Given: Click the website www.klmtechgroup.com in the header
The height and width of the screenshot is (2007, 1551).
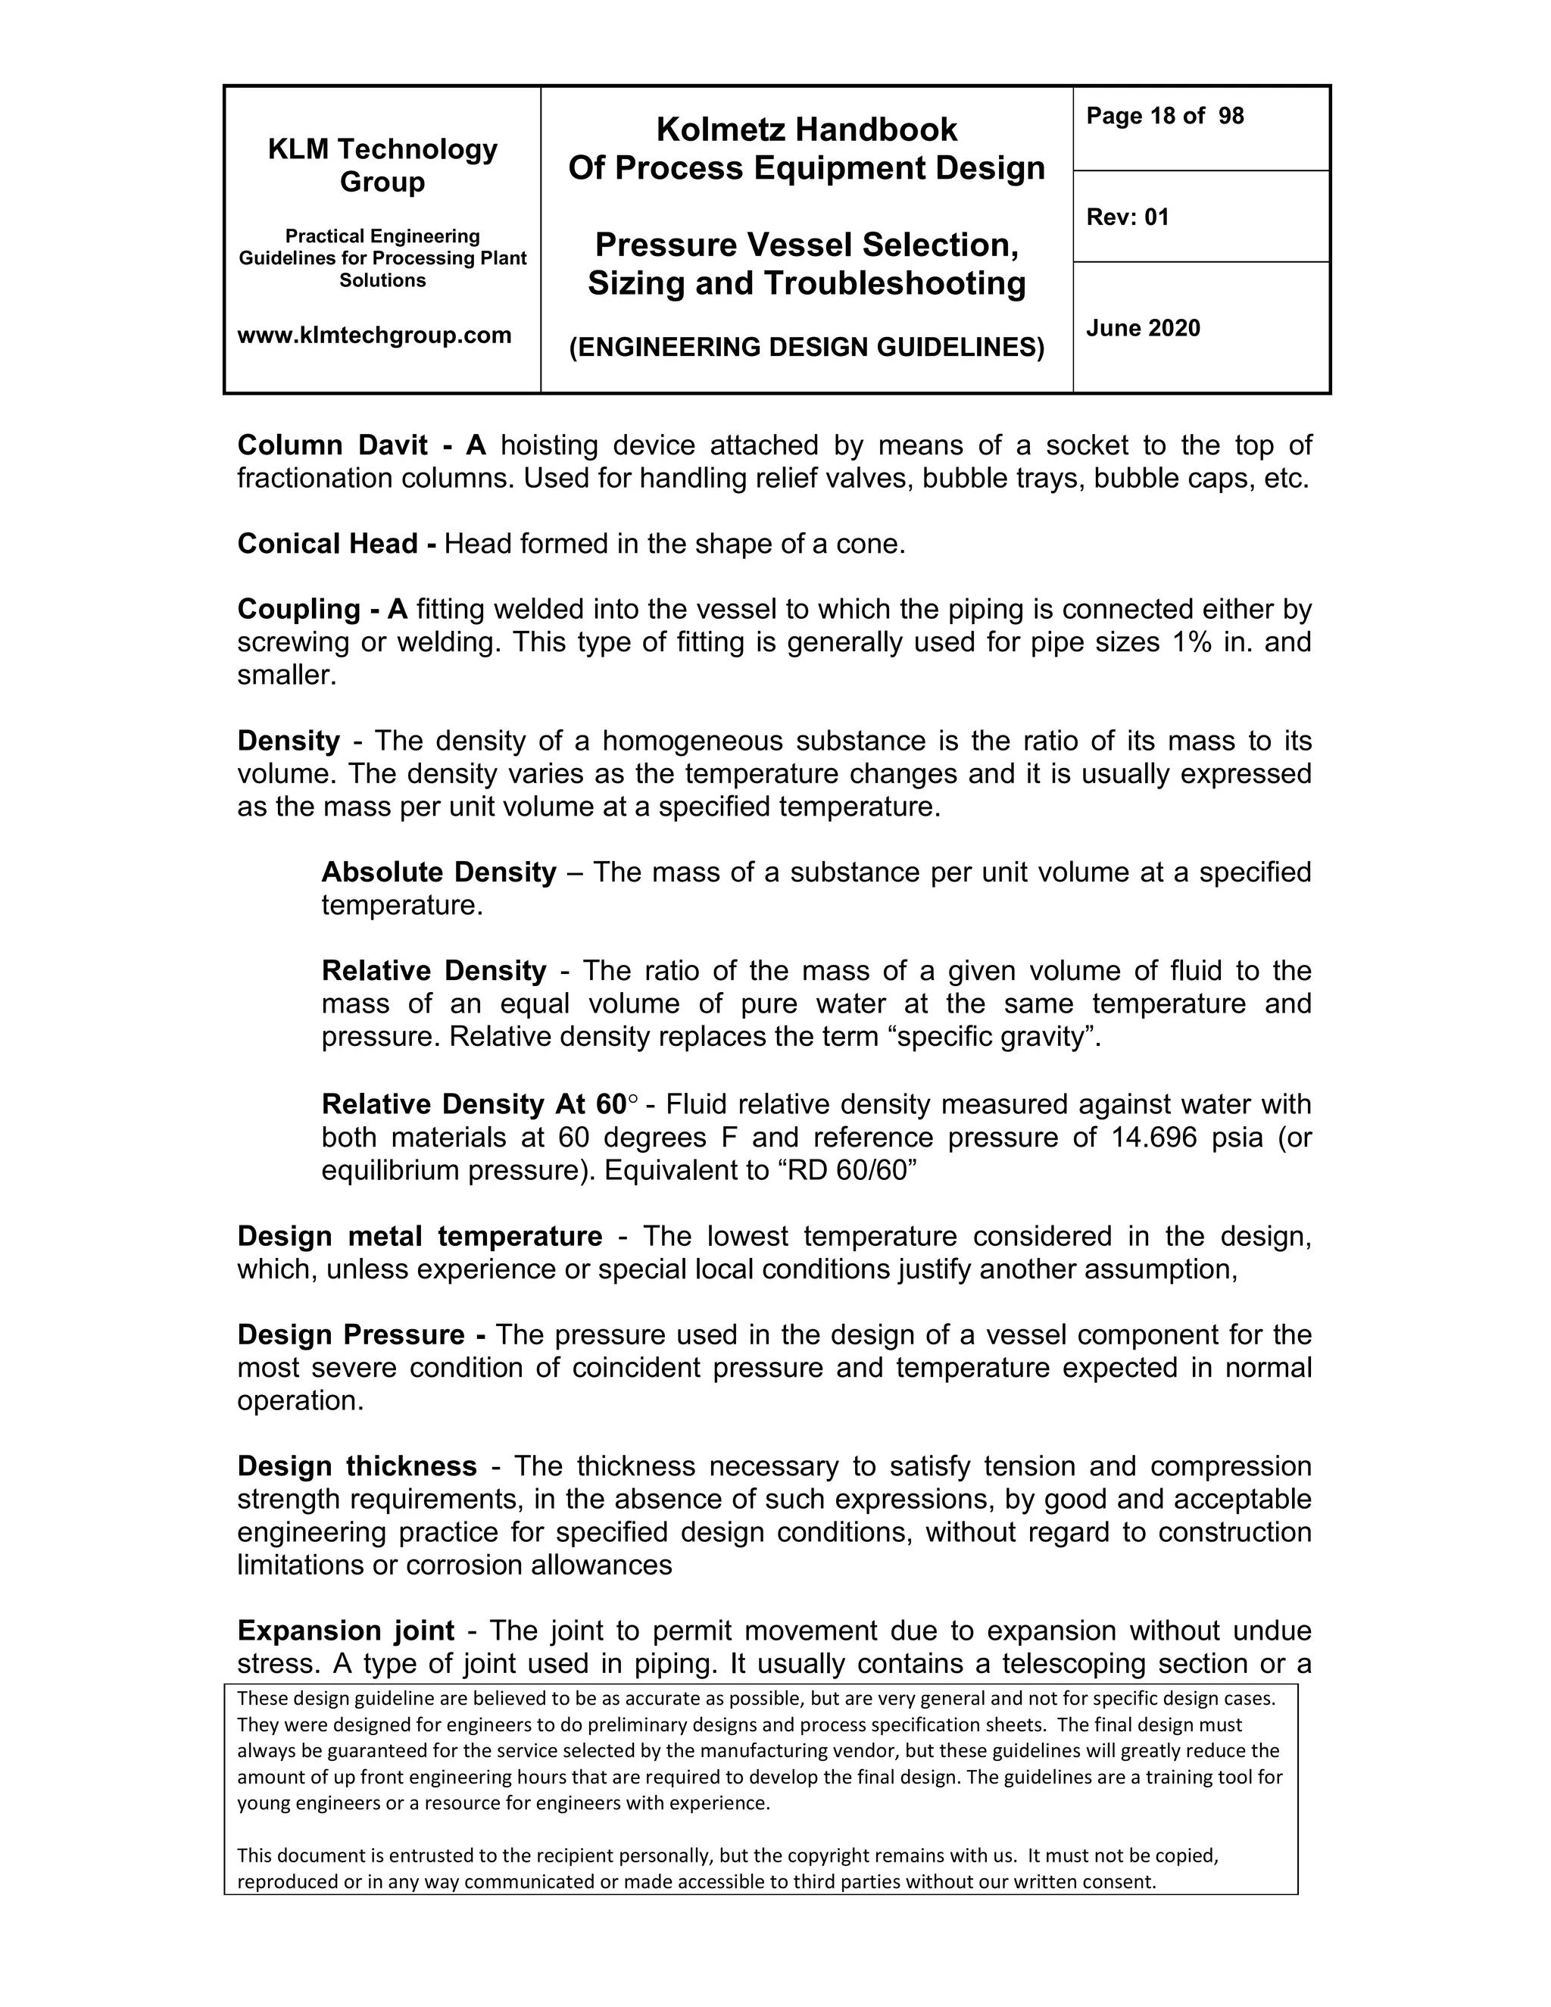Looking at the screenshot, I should point(374,336).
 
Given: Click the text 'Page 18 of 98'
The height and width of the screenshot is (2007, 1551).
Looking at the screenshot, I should point(1164,116).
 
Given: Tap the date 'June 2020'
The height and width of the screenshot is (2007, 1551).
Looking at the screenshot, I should point(1143,328).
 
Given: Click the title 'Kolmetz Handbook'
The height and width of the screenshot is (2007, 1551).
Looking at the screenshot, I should point(806,130).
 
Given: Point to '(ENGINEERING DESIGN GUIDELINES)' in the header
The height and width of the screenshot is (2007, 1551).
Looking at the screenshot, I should point(806,348).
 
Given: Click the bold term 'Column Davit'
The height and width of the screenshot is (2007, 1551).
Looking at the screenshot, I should point(332,445).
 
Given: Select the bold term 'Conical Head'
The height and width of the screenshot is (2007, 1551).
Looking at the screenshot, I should point(326,544).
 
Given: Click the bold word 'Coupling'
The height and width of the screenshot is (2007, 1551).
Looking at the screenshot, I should point(298,609).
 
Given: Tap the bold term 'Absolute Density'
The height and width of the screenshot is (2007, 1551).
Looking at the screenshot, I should point(438,872).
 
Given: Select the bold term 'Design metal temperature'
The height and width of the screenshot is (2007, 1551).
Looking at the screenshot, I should point(419,1236).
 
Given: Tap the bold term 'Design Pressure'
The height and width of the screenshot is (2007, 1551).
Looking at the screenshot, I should point(351,1334).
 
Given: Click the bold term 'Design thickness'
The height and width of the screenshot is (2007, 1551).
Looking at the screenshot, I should point(357,1465).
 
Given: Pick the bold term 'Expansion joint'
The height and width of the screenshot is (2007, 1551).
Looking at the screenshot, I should point(345,1631).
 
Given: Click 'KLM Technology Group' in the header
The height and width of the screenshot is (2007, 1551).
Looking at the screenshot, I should point(382,165).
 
